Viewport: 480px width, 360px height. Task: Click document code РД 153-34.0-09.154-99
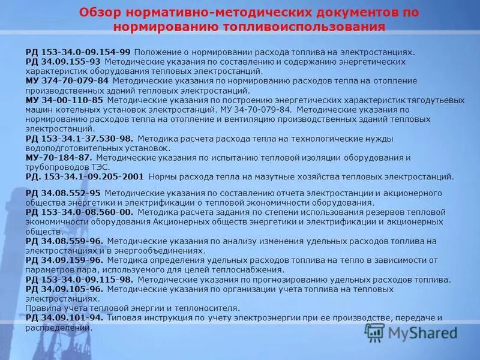[78, 52]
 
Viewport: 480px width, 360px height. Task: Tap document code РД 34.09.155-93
[63, 61]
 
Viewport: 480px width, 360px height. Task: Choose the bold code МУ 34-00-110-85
[64, 100]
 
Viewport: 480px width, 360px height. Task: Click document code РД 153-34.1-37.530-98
[79, 139]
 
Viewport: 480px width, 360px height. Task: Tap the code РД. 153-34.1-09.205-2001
[85, 176]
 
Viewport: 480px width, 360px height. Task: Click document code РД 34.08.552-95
[63, 193]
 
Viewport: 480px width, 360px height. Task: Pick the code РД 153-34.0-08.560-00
[79, 212]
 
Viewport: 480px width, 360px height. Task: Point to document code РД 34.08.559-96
[64, 241]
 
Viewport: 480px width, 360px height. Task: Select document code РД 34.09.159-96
[64, 260]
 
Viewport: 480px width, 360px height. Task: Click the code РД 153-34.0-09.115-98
[79, 280]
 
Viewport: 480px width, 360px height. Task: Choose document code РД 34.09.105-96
[64, 289]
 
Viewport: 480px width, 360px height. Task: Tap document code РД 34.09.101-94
[64, 317]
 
